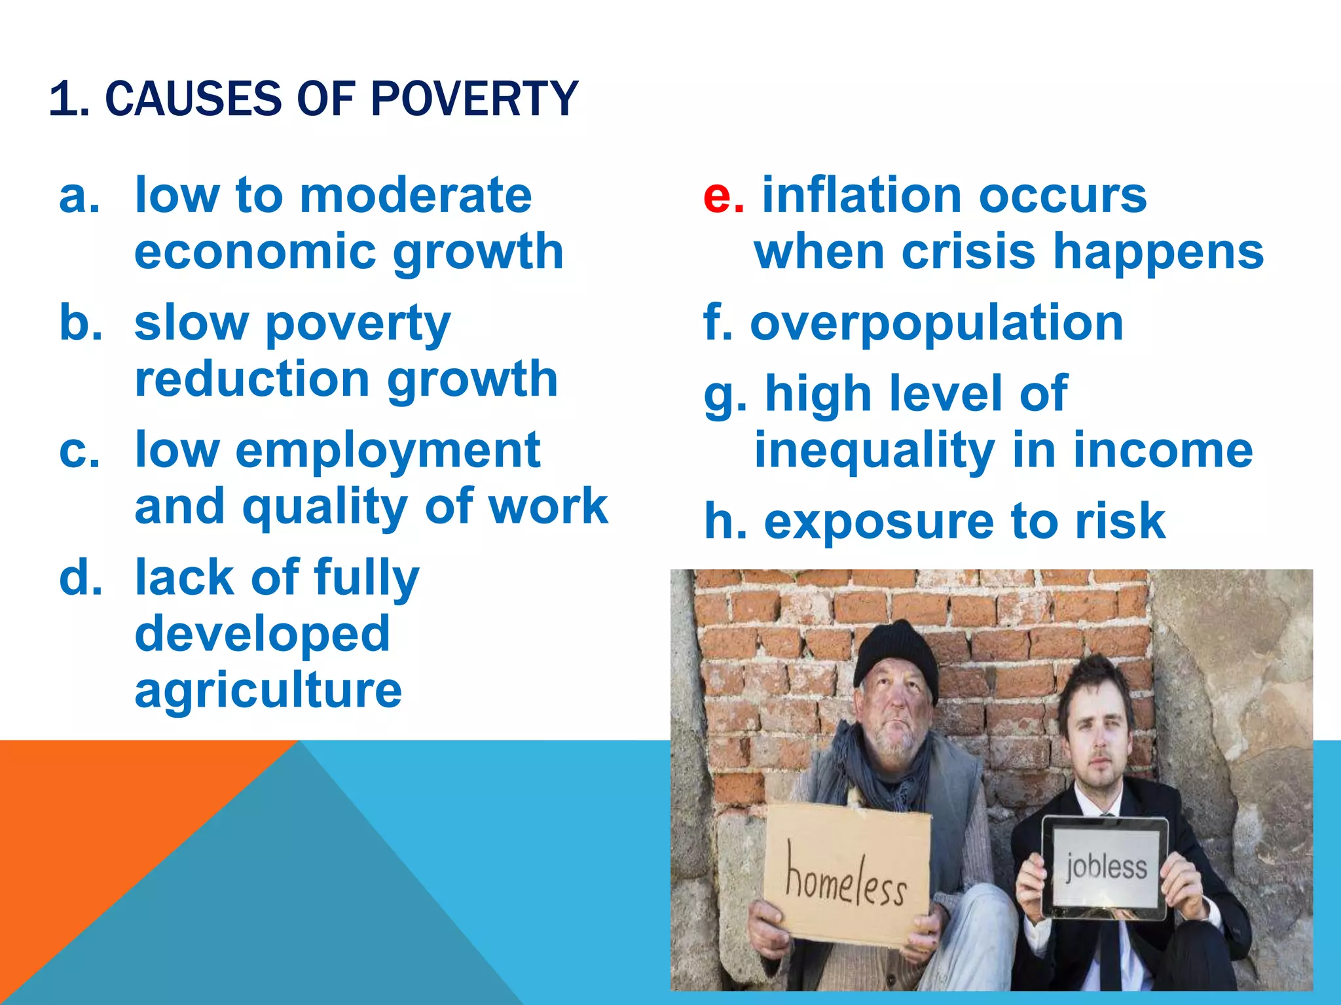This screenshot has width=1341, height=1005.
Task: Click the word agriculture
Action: (268, 691)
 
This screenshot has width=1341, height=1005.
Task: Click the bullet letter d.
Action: (81, 578)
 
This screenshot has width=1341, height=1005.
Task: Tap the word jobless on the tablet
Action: (1106, 867)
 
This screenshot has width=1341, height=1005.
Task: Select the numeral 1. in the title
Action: (69, 99)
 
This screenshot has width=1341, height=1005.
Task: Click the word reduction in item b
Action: (252, 379)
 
